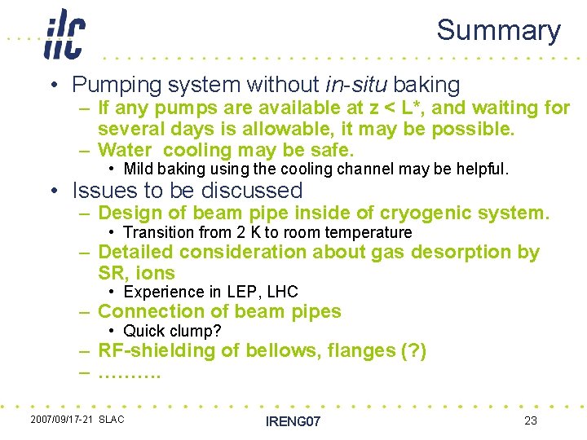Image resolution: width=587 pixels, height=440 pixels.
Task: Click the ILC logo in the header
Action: (64, 33)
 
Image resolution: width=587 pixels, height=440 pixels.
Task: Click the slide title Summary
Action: (498, 30)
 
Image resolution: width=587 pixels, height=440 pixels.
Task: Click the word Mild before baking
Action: (138, 169)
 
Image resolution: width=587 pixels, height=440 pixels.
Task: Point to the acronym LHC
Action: (282, 292)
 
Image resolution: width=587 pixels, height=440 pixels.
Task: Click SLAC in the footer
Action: (112, 420)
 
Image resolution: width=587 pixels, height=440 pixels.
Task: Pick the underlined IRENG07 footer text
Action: (293, 420)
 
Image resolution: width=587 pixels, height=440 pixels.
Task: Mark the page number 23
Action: (531, 420)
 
